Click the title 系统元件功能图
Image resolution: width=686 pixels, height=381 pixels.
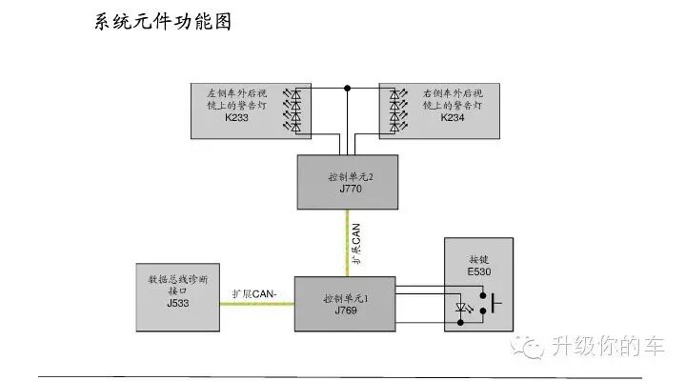[x=164, y=21]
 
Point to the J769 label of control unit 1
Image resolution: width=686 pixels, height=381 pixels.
[x=345, y=311]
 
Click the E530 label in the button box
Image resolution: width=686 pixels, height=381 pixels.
[x=477, y=271]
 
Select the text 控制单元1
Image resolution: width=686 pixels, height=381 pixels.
[x=345, y=297]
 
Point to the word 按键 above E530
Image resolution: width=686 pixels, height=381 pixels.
[x=477, y=259]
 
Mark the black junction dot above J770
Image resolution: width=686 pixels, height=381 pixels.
[x=348, y=89]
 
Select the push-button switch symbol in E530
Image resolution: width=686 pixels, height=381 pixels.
[x=490, y=307]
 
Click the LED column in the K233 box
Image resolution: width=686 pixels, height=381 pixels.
[x=294, y=110]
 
